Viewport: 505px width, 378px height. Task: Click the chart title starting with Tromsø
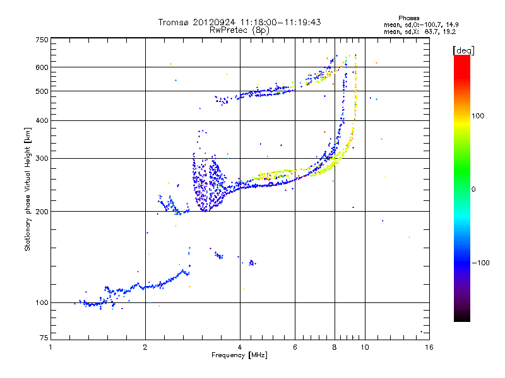(x=240, y=22)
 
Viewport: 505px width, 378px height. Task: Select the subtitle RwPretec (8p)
(x=240, y=30)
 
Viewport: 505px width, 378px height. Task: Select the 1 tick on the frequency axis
(x=51, y=347)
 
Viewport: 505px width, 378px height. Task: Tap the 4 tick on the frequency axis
(x=240, y=347)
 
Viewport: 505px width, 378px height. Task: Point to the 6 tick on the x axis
(x=295, y=347)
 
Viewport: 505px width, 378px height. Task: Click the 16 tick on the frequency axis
(x=429, y=347)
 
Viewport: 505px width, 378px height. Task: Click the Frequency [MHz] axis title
(x=240, y=355)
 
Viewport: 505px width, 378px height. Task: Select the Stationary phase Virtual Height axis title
(x=28, y=189)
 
